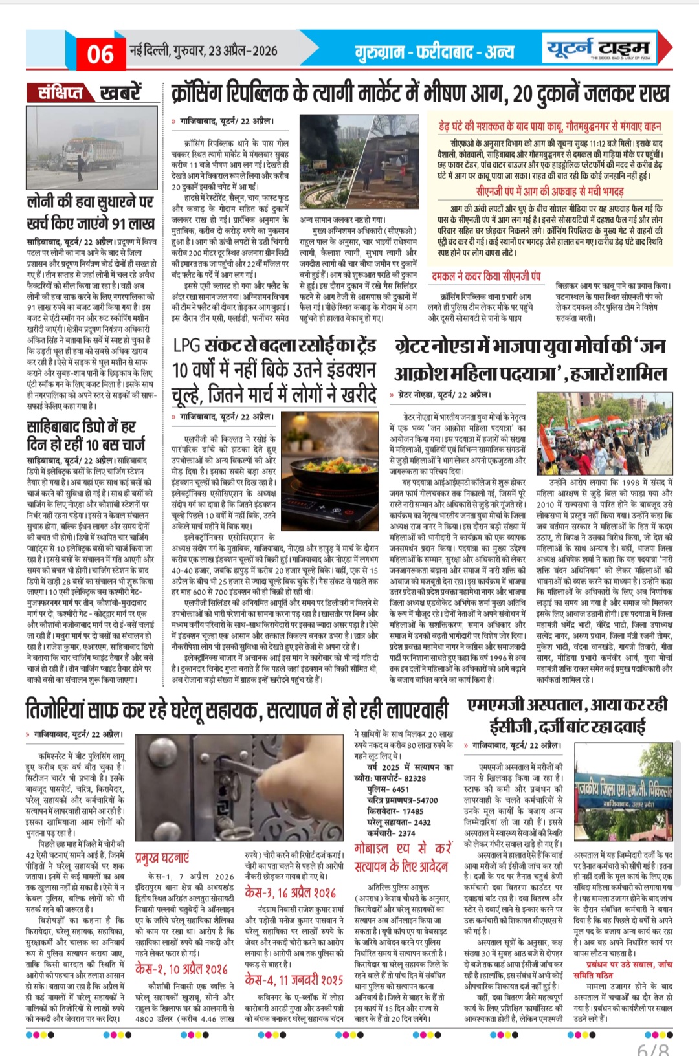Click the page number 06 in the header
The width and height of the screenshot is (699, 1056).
(x=100, y=54)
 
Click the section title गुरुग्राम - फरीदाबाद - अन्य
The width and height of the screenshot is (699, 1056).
(x=434, y=52)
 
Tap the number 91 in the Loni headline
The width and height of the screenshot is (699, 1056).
(x=125, y=224)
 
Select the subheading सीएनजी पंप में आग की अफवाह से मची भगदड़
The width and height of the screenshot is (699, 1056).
(x=549, y=192)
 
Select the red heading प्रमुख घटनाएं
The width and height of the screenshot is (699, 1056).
(x=162, y=857)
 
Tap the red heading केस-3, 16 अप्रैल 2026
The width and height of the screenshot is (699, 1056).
(x=290, y=893)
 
